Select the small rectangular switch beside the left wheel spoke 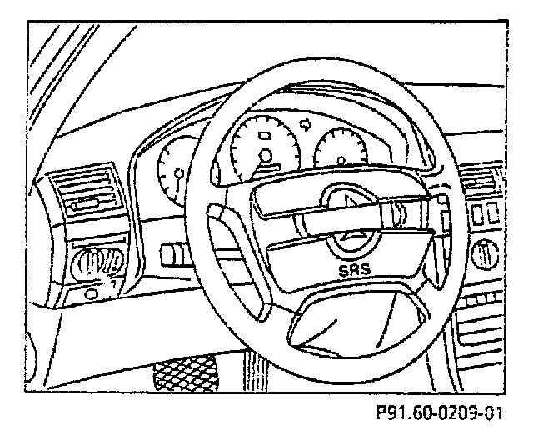click(175, 250)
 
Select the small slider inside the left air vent click(86, 202)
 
